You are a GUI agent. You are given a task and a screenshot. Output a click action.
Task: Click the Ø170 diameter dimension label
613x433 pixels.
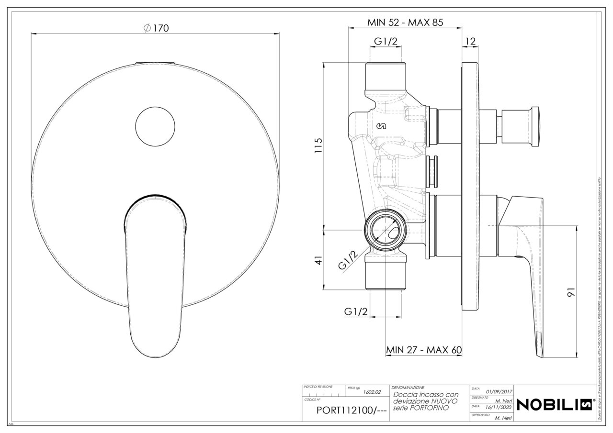pyautogui.click(x=156, y=29)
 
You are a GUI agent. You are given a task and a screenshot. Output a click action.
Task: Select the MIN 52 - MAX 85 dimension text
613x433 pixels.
pyautogui.click(x=405, y=22)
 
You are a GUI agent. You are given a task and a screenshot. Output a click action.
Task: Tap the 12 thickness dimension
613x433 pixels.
pyautogui.click(x=470, y=42)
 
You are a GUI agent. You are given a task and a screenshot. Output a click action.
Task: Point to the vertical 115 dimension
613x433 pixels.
pyautogui.click(x=318, y=146)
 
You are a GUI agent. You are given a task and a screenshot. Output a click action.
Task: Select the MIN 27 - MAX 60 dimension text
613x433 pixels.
pyautogui.click(x=423, y=350)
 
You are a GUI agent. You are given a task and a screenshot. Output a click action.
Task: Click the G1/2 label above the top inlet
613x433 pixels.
pyautogui.click(x=386, y=42)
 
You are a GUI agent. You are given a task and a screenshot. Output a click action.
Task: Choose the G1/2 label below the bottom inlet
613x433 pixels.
pyautogui.click(x=356, y=311)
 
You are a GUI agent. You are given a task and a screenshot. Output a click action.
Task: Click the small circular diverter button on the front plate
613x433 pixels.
pyautogui.click(x=155, y=125)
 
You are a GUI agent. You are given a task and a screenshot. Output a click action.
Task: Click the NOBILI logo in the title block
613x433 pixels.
pyautogui.click(x=556, y=404)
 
